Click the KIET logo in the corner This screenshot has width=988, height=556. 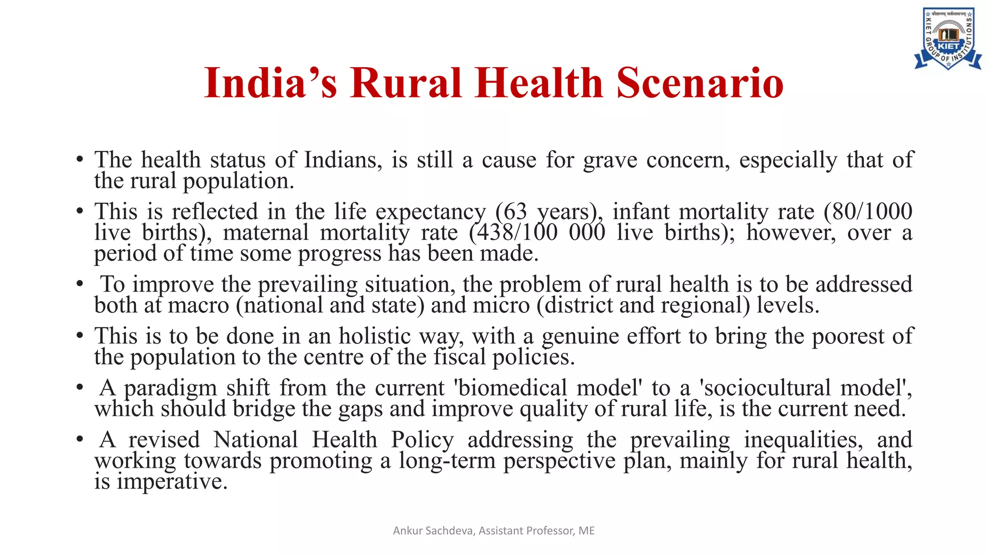tap(947, 39)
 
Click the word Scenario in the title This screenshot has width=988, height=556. tap(700, 83)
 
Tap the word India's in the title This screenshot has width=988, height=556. tap(270, 83)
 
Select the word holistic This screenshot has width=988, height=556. tap(374, 336)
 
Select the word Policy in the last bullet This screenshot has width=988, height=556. tap(422, 440)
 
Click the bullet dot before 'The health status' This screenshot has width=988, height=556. tap(80, 160)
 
